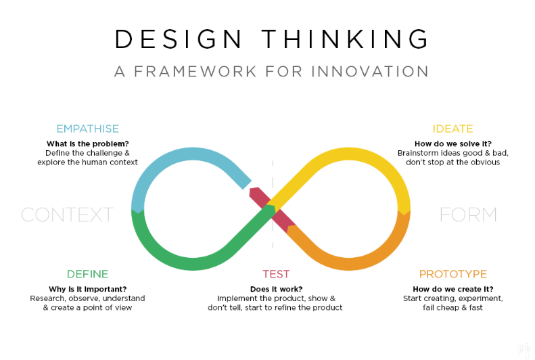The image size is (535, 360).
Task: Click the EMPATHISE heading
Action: tap(87, 129)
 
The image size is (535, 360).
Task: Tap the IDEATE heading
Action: tap(452, 129)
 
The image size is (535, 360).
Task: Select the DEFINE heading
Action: tap(87, 274)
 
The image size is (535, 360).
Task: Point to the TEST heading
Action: tap(276, 274)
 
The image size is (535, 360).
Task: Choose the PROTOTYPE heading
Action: tap(452, 274)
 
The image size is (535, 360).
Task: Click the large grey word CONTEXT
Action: tap(67, 215)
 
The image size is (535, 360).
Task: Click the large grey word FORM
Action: tap(468, 215)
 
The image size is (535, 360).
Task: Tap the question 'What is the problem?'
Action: tap(87, 143)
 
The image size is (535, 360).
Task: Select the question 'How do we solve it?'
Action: tap(452, 143)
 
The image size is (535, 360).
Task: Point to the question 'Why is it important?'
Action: tap(87, 289)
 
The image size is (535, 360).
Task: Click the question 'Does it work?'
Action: tap(275, 289)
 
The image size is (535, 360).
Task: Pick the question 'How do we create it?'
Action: tap(452, 289)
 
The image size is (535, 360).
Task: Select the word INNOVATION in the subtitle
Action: tap(370, 71)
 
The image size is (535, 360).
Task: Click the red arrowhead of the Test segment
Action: tap(256, 194)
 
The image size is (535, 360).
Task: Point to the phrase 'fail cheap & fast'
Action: tap(452, 307)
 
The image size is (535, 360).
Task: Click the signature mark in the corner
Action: tap(521, 348)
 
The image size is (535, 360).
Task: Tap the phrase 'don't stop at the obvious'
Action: tap(452, 162)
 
